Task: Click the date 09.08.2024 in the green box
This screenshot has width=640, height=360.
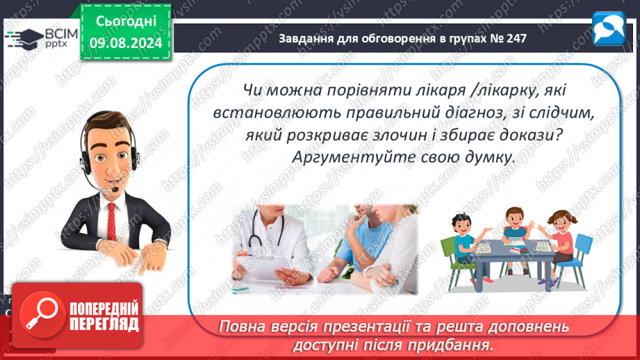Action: click(x=126, y=42)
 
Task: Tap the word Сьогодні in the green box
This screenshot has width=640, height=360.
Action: click(x=126, y=22)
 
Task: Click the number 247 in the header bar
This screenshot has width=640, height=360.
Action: click(x=516, y=38)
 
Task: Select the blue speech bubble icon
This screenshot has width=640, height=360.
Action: click(x=608, y=28)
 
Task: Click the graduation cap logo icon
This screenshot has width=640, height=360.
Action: click(x=25, y=39)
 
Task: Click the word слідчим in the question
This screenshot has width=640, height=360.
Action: click(x=561, y=113)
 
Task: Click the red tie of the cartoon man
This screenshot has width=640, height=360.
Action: click(x=111, y=222)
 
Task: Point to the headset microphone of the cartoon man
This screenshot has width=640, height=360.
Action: click(x=115, y=190)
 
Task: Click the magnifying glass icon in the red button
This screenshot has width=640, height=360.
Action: click(x=42, y=315)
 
